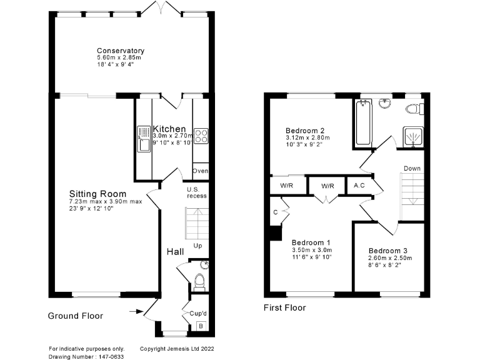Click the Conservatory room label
[x=121, y=51]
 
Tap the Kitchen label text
[x=169, y=129]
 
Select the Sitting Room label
[x=97, y=194]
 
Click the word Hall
[x=175, y=251]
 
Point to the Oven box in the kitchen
[x=201, y=171]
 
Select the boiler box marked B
[x=200, y=325]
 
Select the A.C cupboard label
[x=359, y=186]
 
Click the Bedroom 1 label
[x=311, y=242]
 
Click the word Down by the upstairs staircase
[x=412, y=168]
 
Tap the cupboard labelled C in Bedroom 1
[x=276, y=212]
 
